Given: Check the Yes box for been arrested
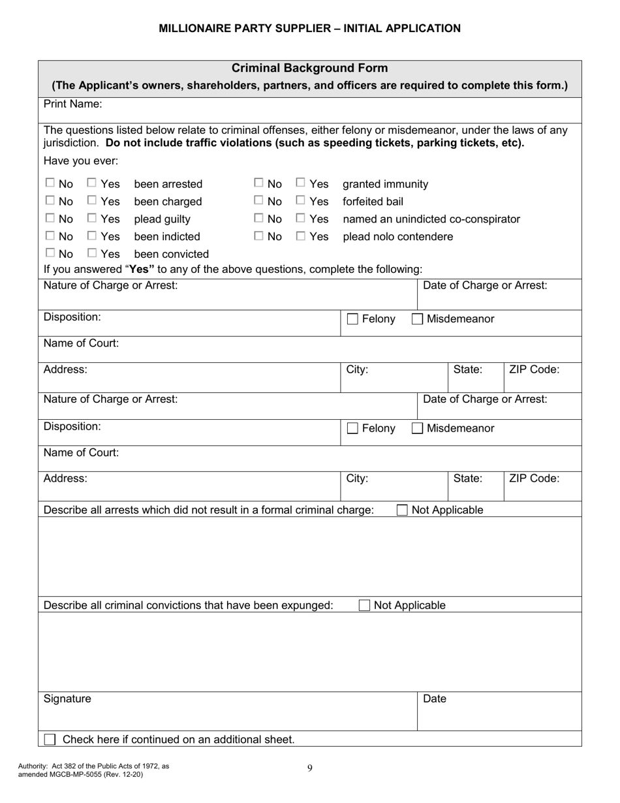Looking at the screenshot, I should [x=92, y=183].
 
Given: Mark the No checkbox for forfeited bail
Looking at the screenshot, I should [x=258, y=201].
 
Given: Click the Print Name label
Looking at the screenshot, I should [x=72, y=104].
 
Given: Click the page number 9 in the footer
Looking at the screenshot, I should [x=309, y=768].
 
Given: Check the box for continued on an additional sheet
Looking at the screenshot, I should [x=50, y=740].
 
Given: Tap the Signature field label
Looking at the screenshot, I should [x=67, y=699].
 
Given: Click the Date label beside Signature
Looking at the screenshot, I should [x=435, y=699].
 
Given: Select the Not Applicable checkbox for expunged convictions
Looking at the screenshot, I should [x=365, y=605].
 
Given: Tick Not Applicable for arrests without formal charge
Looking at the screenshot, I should [x=403, y=510].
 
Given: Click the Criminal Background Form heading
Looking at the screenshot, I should [x=309, y=68].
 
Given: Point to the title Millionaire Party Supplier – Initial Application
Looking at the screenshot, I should [x=309, y=28].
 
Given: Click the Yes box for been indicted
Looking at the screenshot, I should [x=92, y=236].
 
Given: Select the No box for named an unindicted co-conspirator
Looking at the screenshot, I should [x=258, y=219].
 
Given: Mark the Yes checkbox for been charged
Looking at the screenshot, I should [x=92, y=201].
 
